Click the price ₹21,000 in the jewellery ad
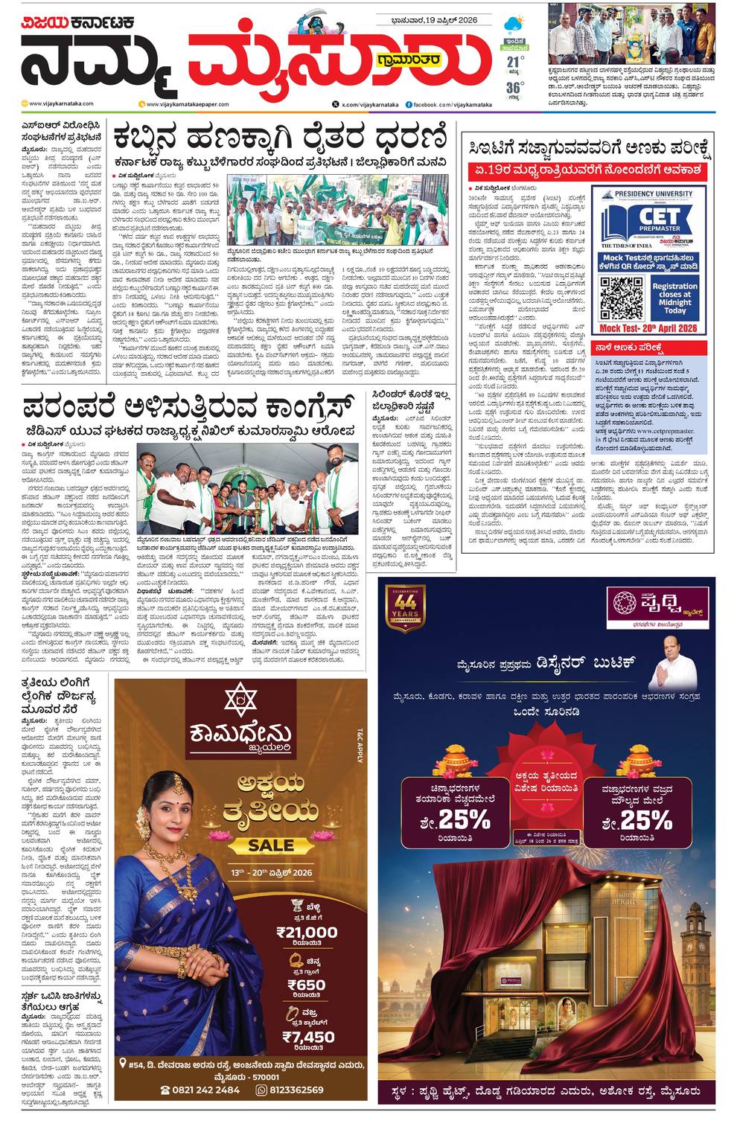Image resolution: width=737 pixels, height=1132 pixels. pos(306,932)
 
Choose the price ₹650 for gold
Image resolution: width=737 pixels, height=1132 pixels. pos(306,985)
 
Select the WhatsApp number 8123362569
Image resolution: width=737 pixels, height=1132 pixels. pos(296,1090)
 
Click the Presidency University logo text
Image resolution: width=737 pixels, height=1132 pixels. pos(652,194)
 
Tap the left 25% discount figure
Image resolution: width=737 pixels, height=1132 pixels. pos(463,820)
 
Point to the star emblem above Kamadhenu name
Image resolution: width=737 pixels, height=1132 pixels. pos(240,701)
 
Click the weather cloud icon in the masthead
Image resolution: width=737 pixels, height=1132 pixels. pos(514,25)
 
